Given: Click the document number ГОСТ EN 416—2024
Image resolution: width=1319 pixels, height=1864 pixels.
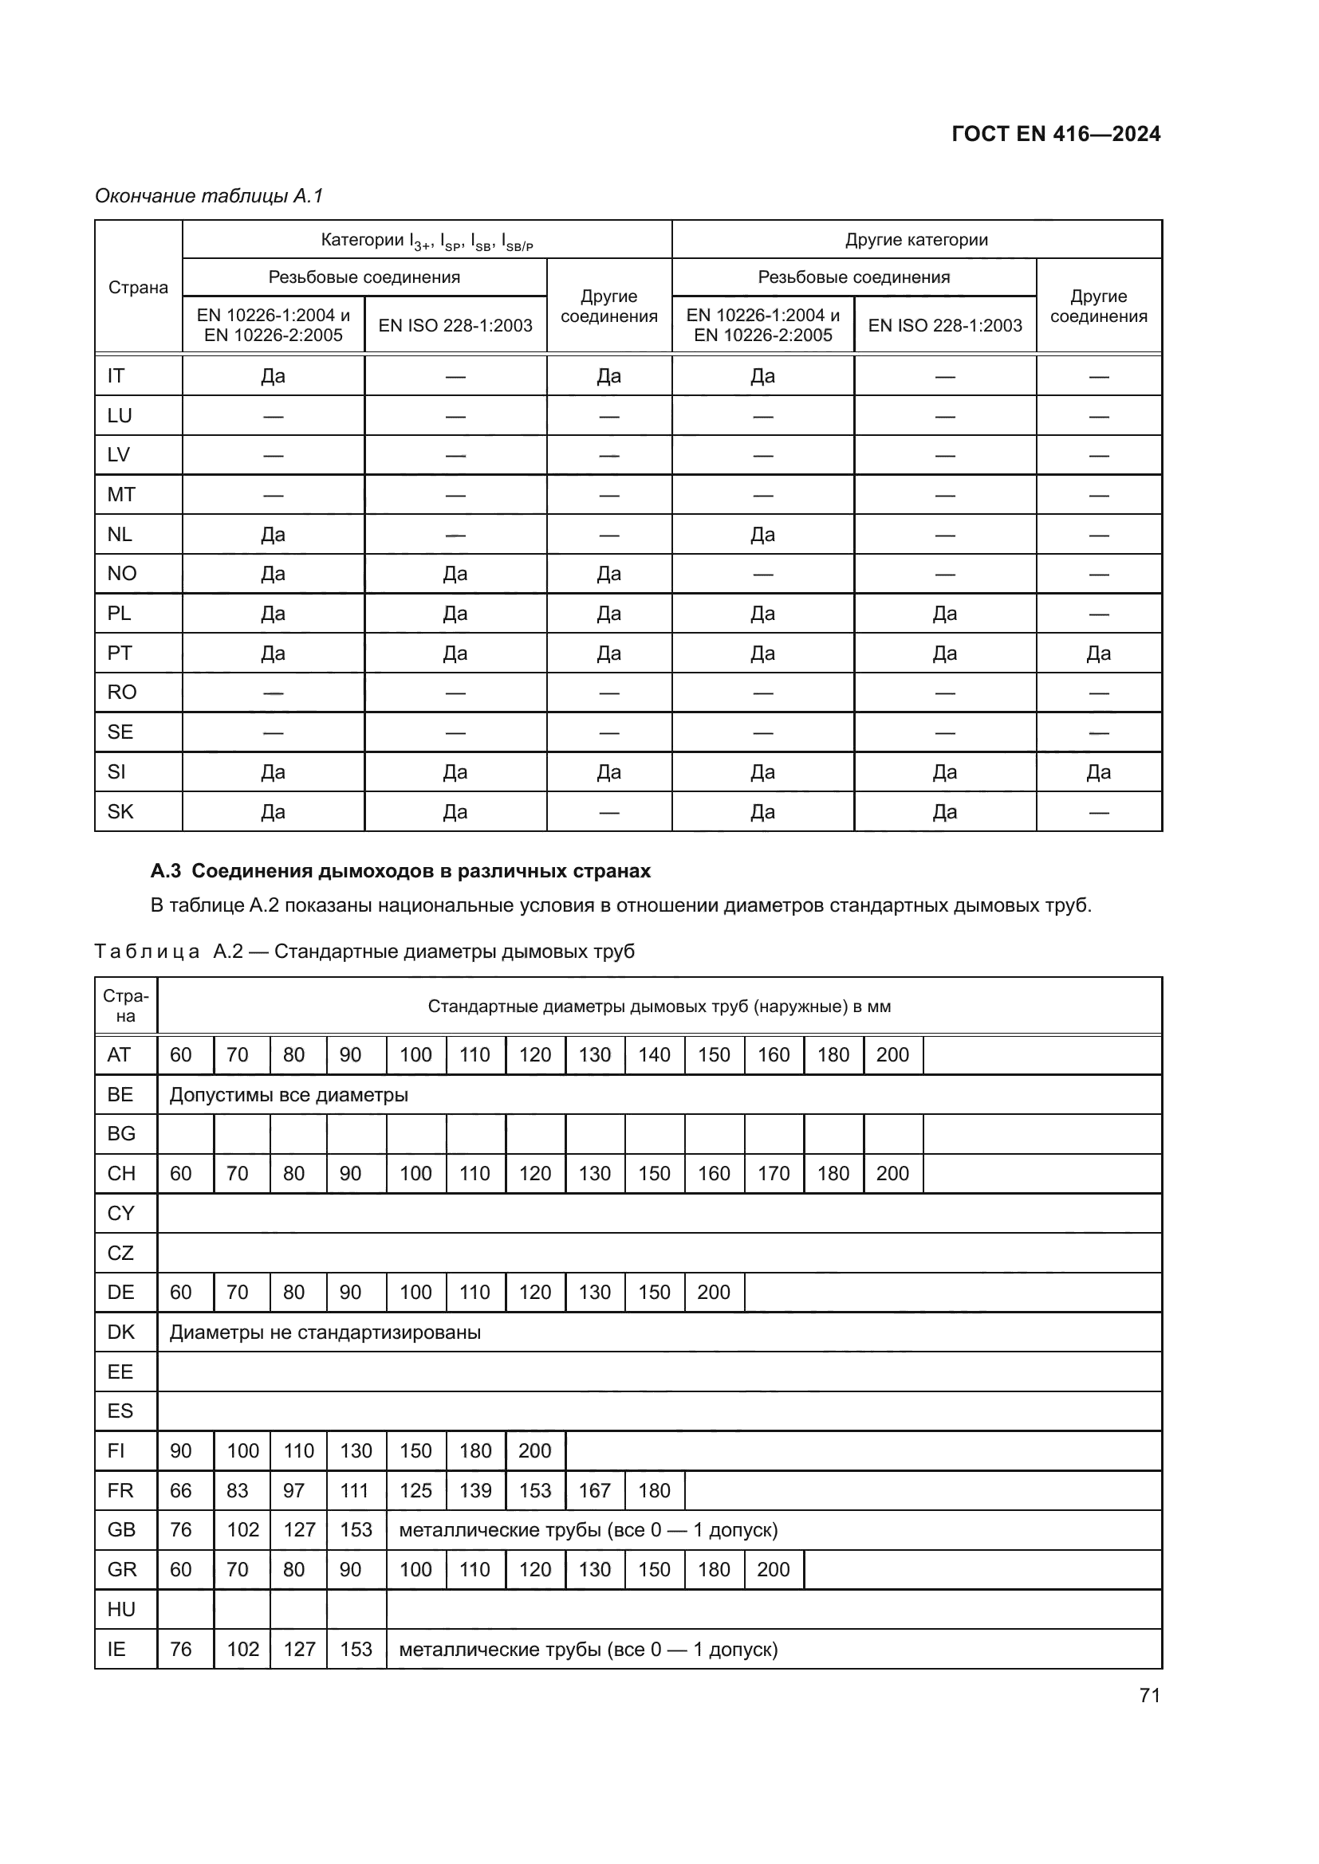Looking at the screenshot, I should coord(1055,134).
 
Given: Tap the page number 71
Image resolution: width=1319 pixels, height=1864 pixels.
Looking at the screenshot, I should coord(1149,1695).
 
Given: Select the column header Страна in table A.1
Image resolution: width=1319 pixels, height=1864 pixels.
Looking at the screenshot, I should coord(138,288).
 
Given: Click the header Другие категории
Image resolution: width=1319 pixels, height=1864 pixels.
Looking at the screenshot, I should coord(916,240).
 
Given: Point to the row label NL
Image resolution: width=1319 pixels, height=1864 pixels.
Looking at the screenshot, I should coord(120,534).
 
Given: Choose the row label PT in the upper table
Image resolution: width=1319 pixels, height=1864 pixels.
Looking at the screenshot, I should coord(120,653).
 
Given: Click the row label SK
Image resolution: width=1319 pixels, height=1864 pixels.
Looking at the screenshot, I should coord(120,811).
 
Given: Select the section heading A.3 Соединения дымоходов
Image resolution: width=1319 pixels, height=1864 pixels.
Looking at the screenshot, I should coord(400,871).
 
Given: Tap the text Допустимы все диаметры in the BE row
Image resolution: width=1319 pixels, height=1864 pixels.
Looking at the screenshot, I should coord(289,1094).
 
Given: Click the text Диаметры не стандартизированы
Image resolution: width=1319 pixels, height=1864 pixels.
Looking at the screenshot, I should coord(325,1332).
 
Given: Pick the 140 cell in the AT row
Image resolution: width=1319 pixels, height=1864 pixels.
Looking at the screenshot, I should coord(654,1054).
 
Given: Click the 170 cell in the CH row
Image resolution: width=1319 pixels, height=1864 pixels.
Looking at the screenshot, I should coord(774,1173).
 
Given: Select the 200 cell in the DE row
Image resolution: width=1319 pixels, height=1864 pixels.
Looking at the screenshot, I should coord(713,1293).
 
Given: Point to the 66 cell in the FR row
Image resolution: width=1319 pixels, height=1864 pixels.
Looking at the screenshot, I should coord(180,1490).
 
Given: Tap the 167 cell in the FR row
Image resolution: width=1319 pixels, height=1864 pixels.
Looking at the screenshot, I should coord(595,1490).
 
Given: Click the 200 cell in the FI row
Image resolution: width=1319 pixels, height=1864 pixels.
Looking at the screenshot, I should coord(534,1450).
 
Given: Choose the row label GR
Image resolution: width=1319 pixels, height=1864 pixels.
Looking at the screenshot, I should coord(122,1569).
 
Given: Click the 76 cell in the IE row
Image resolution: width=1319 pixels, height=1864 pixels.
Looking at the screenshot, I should coord(180,1649).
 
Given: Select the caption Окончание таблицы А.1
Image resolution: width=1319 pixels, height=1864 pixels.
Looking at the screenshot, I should coord(210,196).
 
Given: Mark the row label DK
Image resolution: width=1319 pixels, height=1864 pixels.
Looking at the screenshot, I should coord(121,1332).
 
